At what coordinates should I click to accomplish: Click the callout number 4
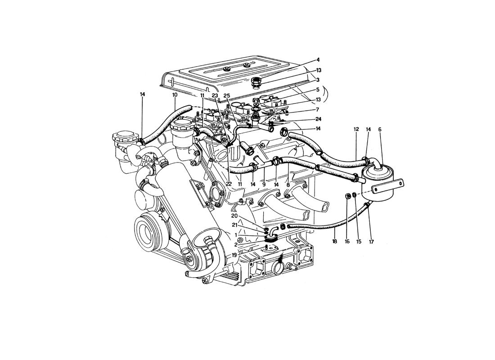(x=319, y=59)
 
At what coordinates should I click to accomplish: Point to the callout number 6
(x=380, y=129)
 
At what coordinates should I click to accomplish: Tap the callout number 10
(x=175, y=94)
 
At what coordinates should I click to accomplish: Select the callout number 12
(x=356, y=129)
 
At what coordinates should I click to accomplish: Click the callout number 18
(x=335, y=242)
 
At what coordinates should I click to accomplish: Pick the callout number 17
(x=371, y=242)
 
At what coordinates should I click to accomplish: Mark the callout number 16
(x=347, y=242)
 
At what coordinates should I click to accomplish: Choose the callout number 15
(x=359, y=242)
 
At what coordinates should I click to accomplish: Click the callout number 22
(x=229, y=184)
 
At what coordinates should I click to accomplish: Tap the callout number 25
(x=227, y=95)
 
